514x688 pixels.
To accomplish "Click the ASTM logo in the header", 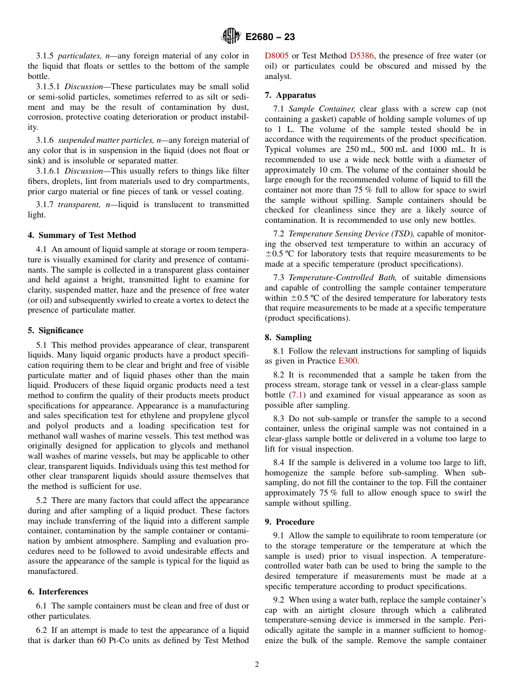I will point(231,36).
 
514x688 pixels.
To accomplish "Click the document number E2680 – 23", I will point(270,37).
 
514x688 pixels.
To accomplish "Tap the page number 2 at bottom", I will point(257,664).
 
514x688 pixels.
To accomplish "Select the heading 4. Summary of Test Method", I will point(82,235).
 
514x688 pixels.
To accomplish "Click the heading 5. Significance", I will point(56,330).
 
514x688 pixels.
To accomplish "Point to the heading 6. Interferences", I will point(58,592).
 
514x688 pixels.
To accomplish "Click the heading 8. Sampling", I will point(288,338).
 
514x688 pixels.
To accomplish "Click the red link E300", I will point(348,361).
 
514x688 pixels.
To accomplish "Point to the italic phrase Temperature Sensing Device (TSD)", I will point(351,234).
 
